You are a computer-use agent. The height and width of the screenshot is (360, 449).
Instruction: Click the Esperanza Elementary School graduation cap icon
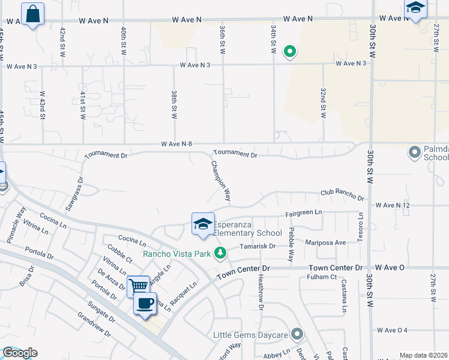(203, 224)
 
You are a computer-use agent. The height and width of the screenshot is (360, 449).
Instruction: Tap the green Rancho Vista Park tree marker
(221, 253)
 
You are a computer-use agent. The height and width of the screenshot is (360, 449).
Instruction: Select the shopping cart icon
(138, 286)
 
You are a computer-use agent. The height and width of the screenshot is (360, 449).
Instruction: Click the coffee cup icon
(145, 303)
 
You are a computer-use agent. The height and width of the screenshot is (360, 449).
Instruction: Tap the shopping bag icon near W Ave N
(32, 14)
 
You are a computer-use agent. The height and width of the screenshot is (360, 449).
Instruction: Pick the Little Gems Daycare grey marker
(297, 334)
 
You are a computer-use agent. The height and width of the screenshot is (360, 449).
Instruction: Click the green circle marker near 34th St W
(289, 52)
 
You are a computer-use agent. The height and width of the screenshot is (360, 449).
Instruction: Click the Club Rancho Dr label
(342, 194)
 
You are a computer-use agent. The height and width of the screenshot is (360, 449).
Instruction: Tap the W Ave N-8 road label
(176, 144)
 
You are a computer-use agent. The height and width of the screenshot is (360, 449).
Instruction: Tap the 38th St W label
(173, 105)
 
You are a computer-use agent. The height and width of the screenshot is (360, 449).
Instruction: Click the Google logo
(19, 353)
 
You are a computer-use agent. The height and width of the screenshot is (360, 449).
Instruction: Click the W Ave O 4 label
(393, 330)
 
